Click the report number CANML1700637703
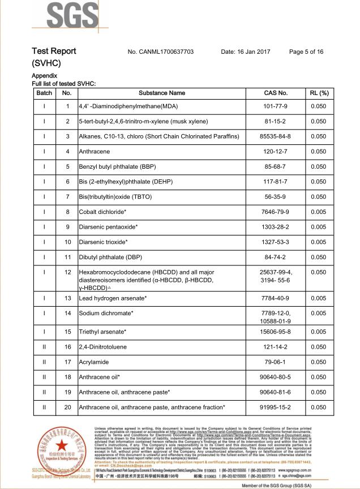(168, 52)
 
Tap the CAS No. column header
(276, 93)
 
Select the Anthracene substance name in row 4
(95, 152)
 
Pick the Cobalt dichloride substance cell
(102, 212)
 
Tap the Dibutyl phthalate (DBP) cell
(110, 257)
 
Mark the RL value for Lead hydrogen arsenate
(319, 298)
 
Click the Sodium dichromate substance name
(106, 313)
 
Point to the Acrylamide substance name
(94, 362)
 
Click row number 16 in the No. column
(67, 347)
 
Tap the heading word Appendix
(44, 75)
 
